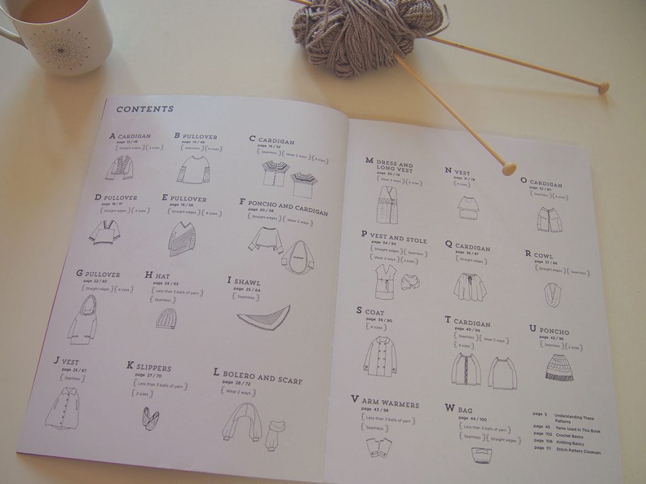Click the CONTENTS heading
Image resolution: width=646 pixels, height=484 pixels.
[144, 109]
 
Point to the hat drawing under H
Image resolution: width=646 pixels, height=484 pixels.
[167, 319]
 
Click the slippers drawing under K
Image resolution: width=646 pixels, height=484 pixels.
[150, 418]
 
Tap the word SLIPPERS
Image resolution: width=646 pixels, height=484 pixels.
[153, 367]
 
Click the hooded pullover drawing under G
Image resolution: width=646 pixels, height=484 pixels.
[83, 320]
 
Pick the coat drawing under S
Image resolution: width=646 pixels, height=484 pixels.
[380, 356]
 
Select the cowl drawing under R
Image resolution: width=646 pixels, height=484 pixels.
[553, 294]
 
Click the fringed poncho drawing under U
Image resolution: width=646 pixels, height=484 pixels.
[559, 368]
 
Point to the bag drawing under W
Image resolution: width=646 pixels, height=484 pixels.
[482, 455]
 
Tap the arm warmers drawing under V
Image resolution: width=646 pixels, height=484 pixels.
[379, 447]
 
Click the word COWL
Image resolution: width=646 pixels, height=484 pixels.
[543, 256]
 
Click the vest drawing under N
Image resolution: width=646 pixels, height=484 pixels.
[467, 207]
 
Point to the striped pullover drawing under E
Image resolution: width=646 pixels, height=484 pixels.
[182, 239]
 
